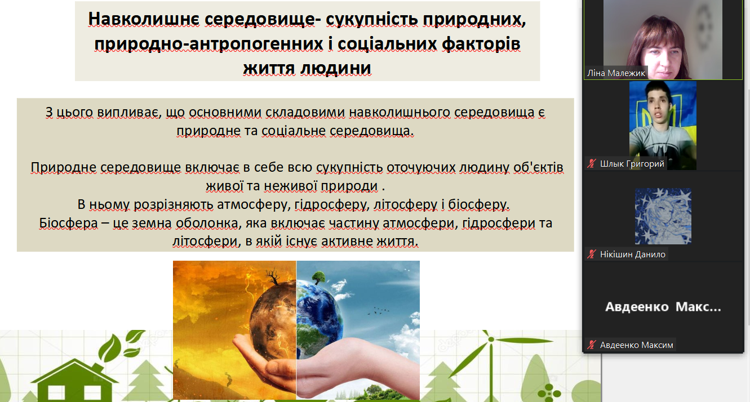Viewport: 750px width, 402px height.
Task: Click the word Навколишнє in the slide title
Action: click(x=144, y=19)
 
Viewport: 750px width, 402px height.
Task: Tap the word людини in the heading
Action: click(x=335, y=68)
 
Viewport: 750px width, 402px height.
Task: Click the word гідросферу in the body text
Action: click(x=330, y=205)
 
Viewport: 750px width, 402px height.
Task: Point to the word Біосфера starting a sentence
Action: click(x=68, y=223)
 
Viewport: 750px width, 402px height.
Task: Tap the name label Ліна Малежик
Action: click(x=616, y=73)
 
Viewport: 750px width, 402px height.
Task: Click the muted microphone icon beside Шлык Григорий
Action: click(x=592, y=163)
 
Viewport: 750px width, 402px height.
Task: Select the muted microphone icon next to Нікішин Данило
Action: click(x=592, y=254)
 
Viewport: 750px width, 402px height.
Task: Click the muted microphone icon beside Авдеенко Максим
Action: click(x=592, y=345)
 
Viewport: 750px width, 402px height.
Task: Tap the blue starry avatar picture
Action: click(x=663, y=216)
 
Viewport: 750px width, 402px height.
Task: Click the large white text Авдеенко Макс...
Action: click(x=663, y=307)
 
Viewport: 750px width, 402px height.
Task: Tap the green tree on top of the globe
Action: click(x=318, y=277)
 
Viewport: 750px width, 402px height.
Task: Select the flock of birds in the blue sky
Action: click(x=378, y=311)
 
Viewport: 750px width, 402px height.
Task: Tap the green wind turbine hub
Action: click(x=491, y=340)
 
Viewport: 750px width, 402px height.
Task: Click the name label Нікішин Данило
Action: click(x=632, y=254)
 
